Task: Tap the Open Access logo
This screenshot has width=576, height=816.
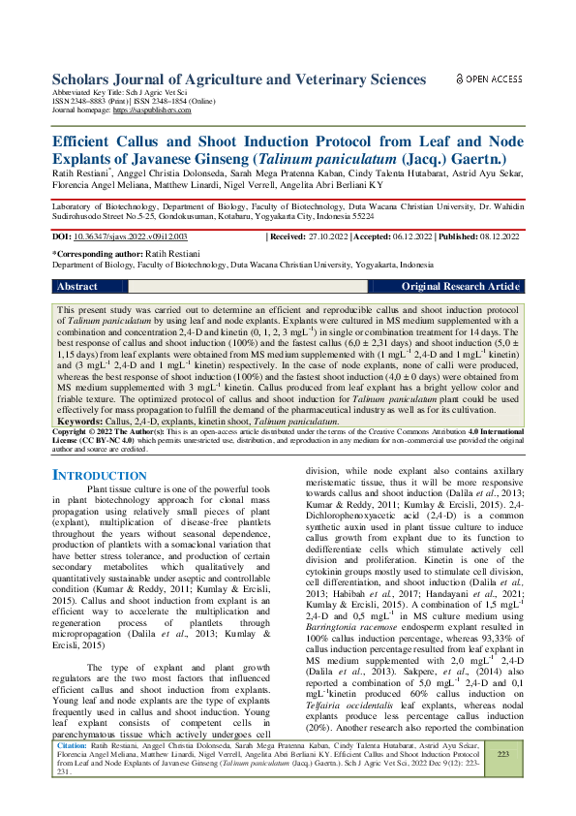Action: coord(489,78)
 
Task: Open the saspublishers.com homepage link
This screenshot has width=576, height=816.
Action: coord(155,111)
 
